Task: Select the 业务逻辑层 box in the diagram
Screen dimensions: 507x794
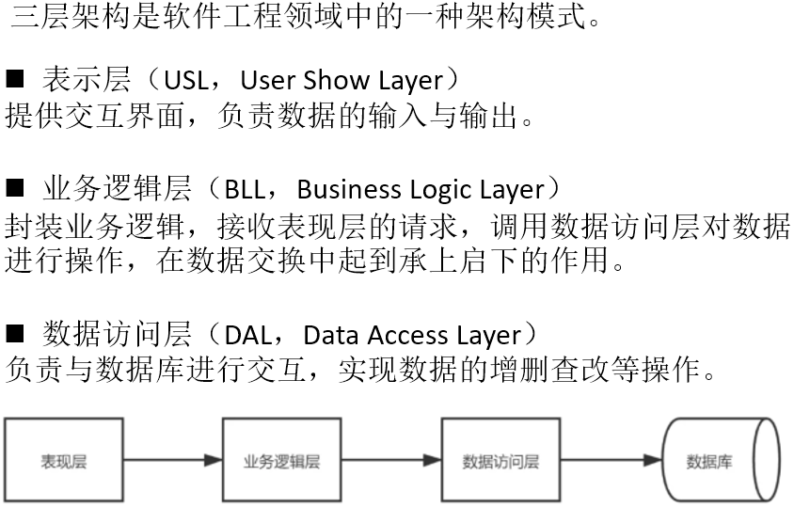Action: click(281, 461)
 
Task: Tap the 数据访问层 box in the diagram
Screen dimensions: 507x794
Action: click(500, 461)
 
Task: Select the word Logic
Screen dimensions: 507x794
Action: click(438, 190)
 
